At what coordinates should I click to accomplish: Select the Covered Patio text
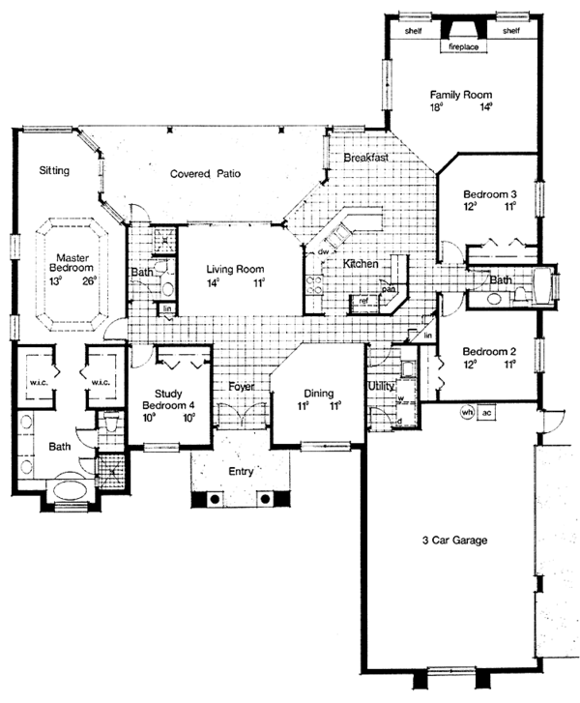tap(205, 174)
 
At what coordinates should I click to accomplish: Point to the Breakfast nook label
tap(365, 157)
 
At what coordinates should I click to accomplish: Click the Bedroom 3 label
tap(488, 191)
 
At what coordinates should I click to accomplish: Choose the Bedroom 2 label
tap(488, 351)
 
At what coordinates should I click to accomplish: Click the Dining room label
tap(318, 394)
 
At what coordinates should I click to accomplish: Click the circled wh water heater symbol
tap(467, 411)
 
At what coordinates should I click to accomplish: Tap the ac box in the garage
tap(487, 411)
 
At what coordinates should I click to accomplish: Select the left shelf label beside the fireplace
tap(414, 31)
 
